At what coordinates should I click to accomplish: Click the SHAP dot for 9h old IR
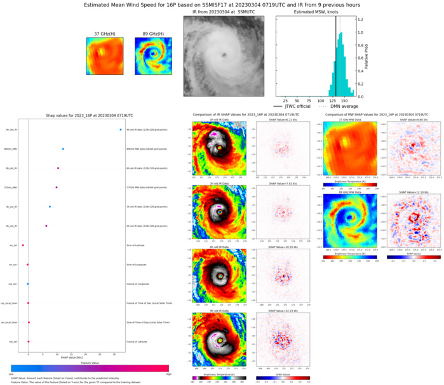pos(121,130)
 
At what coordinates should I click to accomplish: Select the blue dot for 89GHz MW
pos(64,149)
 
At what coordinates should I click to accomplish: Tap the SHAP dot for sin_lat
pos(23,245)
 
